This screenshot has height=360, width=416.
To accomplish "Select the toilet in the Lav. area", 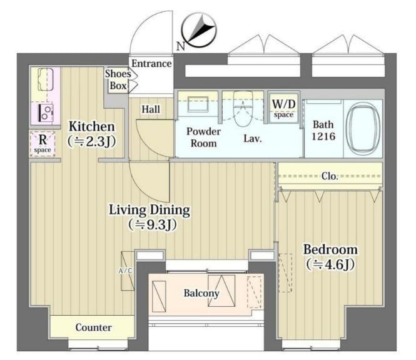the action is pyautogui.click(x=243, y=109).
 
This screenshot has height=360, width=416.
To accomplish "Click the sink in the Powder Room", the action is pyautogui.click(x=198, y=104).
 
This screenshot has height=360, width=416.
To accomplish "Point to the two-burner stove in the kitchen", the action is pyautogui.click(x=46, y=113).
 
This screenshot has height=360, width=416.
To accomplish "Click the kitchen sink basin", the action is pyautogui.click(x=46, y=79).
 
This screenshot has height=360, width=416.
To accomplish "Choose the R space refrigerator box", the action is pyautogui.click(x=43, y=144).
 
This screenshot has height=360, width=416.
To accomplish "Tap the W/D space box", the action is pyautogui.click(x=283, y=107).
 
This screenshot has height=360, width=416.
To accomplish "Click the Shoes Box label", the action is pyautogui.click(x=118, y=79).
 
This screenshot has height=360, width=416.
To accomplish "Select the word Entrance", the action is pyautogui.click(x=151, y=64).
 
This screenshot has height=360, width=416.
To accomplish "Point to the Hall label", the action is pyautogui.click(x=151, y=109).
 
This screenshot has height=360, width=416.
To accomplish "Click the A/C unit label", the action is pyautogui.click(x=125, y=271).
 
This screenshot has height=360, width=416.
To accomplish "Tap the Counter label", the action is pyautogui.click(x=93, y=327).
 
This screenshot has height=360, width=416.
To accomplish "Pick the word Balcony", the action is pyautogui.click(x=201, y=293).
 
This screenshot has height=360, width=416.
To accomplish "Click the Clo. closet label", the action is pyautogui.click(x=330, y=176).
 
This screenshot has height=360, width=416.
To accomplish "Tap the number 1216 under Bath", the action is pyautogui.click(x=323, y=136).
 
